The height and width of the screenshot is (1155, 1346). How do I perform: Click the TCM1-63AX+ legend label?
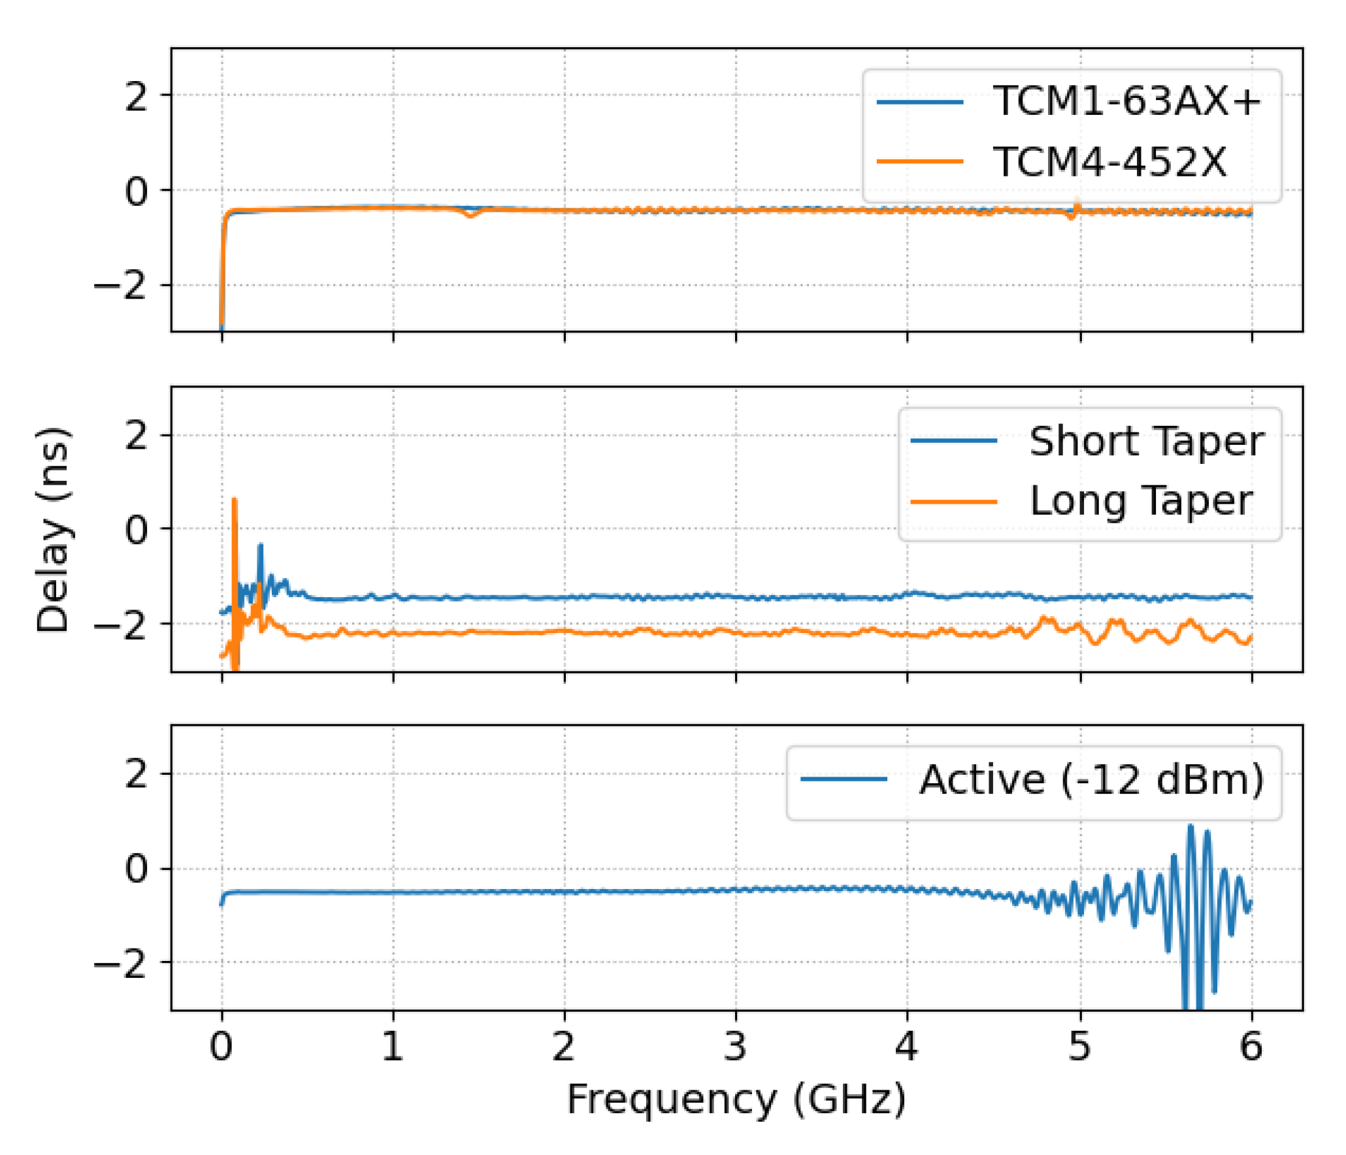[1126, 101]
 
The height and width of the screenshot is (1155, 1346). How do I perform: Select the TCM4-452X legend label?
[1109, 161]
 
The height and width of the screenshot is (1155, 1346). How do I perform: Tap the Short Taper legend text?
[1146, 441]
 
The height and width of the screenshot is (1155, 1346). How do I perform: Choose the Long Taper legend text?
[1140, 501]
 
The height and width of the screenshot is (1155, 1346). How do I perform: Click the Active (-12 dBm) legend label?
[1091, 779]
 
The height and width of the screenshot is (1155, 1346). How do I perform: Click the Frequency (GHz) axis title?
[736, 1099]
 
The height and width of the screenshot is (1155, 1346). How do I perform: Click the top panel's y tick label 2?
[137, 96]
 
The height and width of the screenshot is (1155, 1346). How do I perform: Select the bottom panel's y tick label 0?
[137, 869]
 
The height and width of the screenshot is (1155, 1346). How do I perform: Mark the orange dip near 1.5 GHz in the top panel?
[470, 215]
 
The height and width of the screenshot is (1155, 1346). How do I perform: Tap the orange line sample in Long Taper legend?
[954, 502]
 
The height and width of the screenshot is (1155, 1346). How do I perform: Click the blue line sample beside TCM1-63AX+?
[919, 102]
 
